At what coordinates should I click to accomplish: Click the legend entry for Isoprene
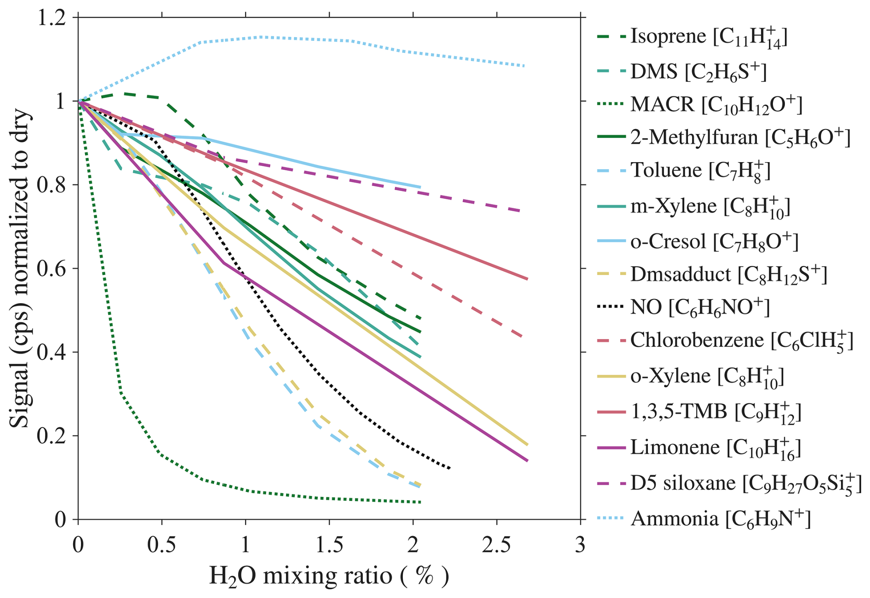click(708, 36)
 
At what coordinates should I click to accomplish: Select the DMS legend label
click(698, 72)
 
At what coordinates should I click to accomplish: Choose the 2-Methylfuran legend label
click(740, 137)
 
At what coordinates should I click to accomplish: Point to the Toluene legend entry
click(700, 170)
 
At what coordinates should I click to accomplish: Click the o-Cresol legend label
click(714, 241)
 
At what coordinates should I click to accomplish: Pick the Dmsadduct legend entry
click(728, 274)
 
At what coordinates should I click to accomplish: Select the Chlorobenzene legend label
click(741, 340)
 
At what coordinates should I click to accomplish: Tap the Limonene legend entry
click(715, 447)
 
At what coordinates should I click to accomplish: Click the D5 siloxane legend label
click(745, 484)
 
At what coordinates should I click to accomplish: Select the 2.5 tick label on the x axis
click(497, 545)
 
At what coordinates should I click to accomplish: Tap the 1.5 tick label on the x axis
click(329, 545)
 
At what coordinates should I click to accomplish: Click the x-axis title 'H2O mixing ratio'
click(328, 576)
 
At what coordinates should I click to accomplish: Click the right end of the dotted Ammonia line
click(524, 66)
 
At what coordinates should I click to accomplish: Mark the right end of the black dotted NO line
click(450, 468)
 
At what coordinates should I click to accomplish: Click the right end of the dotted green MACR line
click(421, 502)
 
